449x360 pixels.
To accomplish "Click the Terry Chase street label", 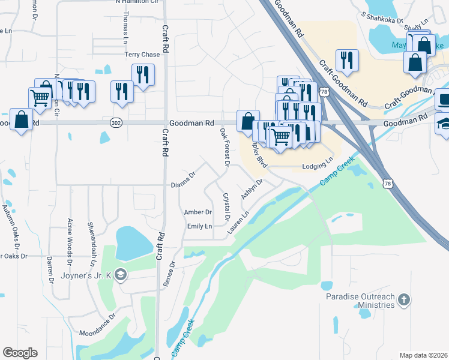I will pyautogui.click(x=142, y=55).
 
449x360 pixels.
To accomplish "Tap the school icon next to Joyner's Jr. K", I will pyautogui.click(x=121, y=275).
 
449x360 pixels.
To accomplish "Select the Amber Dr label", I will pyautogui.click(x=197, y=212).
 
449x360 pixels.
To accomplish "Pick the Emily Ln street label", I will pyautogui.click(x=199, y=226).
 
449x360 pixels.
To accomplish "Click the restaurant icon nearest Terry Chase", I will pyautogui.click(x=143, y=74).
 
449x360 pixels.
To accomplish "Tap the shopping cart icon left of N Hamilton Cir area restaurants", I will pyautogui.click(x=40, y=97).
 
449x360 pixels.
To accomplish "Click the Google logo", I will pyautogui.click(x=20, y=353).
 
